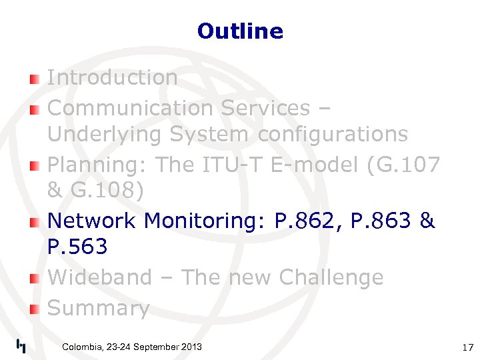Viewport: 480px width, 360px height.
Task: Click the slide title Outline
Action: click(240, 31)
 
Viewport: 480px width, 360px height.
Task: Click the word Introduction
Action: click(112, 77)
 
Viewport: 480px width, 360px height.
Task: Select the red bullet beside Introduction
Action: click(34, 80)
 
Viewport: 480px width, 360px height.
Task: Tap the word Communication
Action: click(128, 108)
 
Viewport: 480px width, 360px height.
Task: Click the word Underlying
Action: click(105, 135)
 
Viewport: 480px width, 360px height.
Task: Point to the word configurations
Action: click(333, 135)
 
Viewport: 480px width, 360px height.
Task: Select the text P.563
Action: click(77, 247)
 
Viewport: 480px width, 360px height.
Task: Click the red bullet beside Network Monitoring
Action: click(34, 223)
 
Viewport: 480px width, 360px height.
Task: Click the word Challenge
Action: click(331, 277)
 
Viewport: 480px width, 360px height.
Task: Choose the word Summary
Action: click(98, 308)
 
